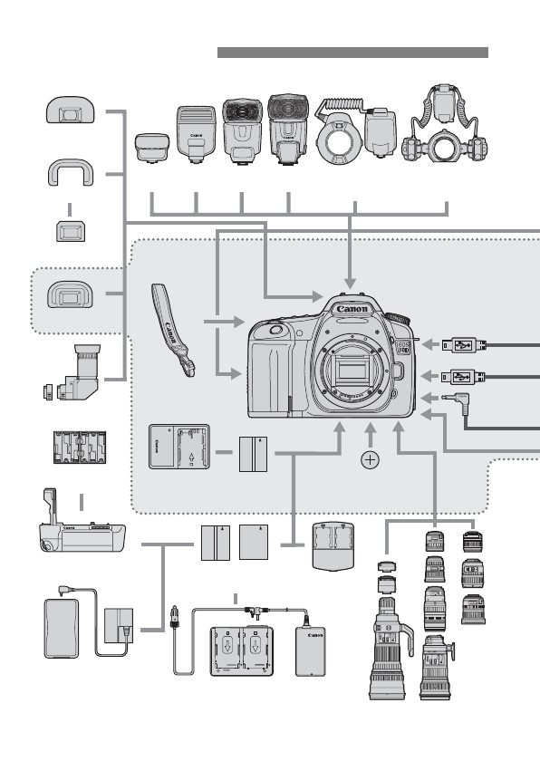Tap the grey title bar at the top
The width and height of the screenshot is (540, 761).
tap(352, 53)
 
